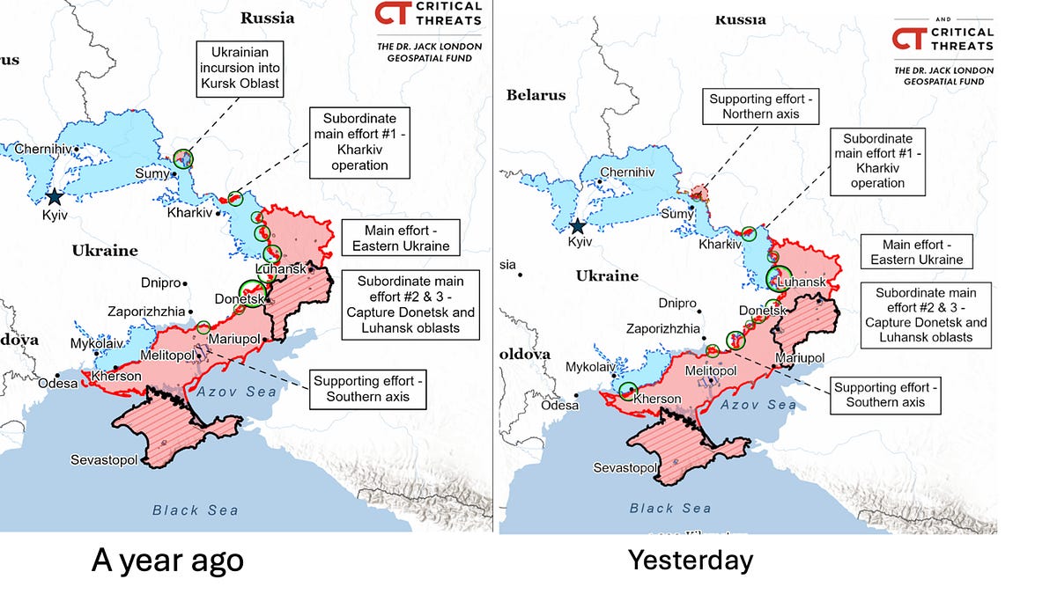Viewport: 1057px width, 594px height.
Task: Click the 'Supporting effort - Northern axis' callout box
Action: coord(765,107)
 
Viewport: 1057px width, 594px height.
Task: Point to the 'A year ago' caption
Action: coord(166,561)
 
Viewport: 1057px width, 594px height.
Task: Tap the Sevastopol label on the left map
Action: coord(104,459)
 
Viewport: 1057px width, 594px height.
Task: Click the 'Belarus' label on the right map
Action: coord(536,96)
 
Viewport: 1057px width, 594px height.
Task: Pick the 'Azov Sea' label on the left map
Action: coord(237,392)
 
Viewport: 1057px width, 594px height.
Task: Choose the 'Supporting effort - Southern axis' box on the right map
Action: coord(885,394)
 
